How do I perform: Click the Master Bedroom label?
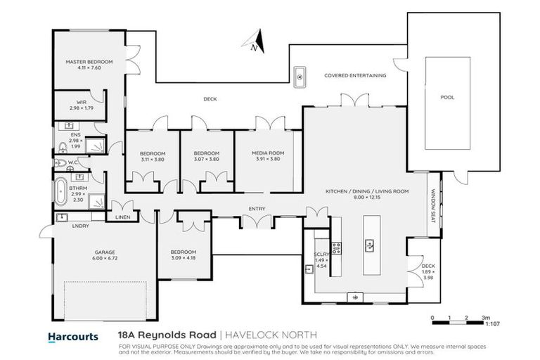point(89,62)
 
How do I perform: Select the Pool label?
point(447,98)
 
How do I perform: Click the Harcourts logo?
point(72,336)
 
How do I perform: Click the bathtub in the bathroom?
point(62,190)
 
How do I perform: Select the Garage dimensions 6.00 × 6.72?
point(105,258)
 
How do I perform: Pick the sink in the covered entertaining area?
point(300,77)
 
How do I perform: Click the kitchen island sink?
point(368,245)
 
